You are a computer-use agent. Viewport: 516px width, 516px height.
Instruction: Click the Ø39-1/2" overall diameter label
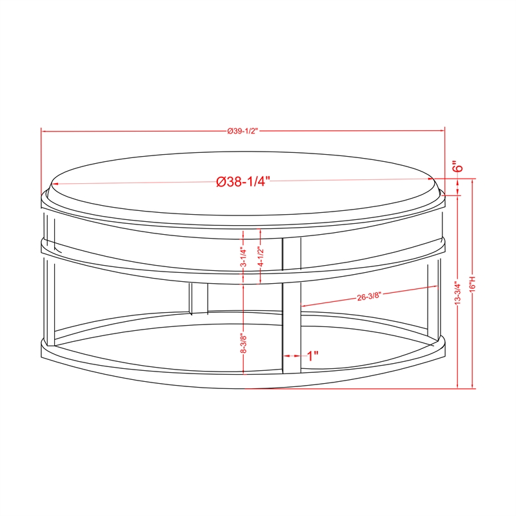[243, 131]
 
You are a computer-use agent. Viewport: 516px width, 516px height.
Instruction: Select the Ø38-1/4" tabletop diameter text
[243, 181]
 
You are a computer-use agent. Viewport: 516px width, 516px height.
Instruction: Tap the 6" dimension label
[457, 166]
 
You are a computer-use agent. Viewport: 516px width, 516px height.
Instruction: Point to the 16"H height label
[473, 283]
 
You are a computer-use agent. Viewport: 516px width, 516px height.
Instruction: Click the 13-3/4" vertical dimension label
[458, 293]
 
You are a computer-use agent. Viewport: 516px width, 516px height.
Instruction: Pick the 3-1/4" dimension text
[243, 257]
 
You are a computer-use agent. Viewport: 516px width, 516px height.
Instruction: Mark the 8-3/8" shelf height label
[244, 344]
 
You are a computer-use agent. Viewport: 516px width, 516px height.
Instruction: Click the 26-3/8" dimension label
[368, 296]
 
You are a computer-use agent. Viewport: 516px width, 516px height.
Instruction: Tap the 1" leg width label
[313, 355]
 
